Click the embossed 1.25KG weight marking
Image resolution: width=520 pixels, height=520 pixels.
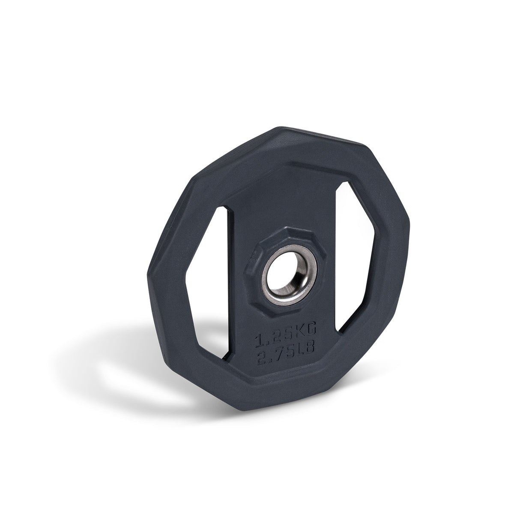(285, 329)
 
